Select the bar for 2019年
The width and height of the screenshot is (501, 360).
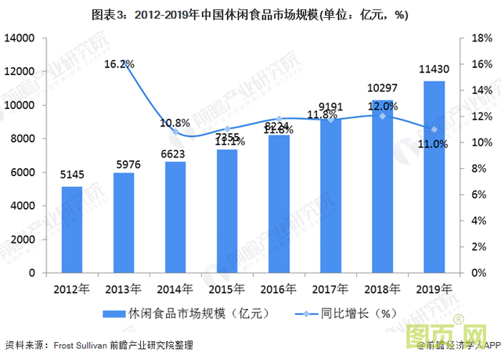[x=434, y=177]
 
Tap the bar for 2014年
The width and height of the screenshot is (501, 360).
[x=175, y=217]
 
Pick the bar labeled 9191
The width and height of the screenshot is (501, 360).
[x=330, y=196]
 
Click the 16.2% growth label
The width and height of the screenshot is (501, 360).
[x=120, y=63]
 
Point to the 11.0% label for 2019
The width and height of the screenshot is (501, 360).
[x=433, y=144]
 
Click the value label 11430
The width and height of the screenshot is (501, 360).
[x=434, y=72]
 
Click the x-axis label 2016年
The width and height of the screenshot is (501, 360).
[x=279, y=288]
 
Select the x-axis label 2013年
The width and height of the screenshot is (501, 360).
[x=124, y=288]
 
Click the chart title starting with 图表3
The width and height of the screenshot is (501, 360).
[x=250, y=15]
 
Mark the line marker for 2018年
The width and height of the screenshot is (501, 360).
[x=382, y=116]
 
